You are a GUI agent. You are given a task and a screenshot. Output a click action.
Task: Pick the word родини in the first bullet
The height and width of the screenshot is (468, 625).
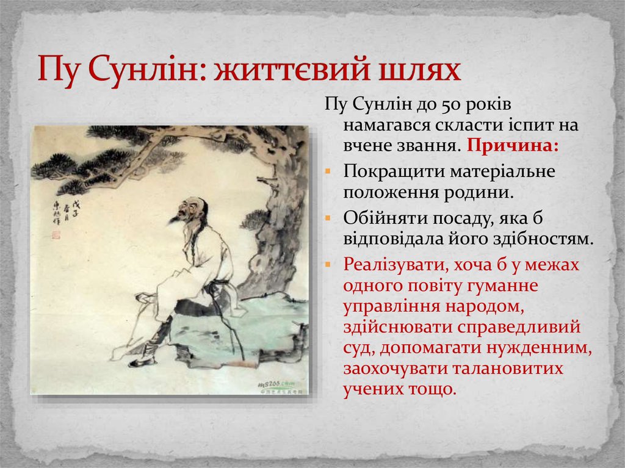(480, 193)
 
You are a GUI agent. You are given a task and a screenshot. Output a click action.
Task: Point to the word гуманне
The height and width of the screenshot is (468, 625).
(506, 285)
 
